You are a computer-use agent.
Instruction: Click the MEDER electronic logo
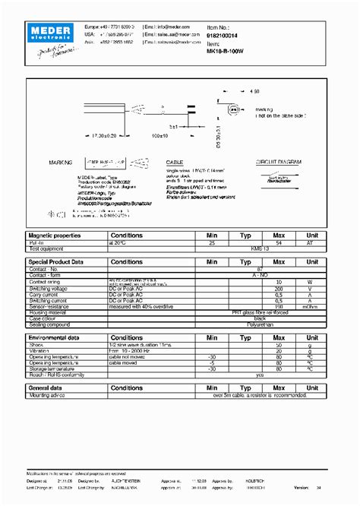coord(49,30)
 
